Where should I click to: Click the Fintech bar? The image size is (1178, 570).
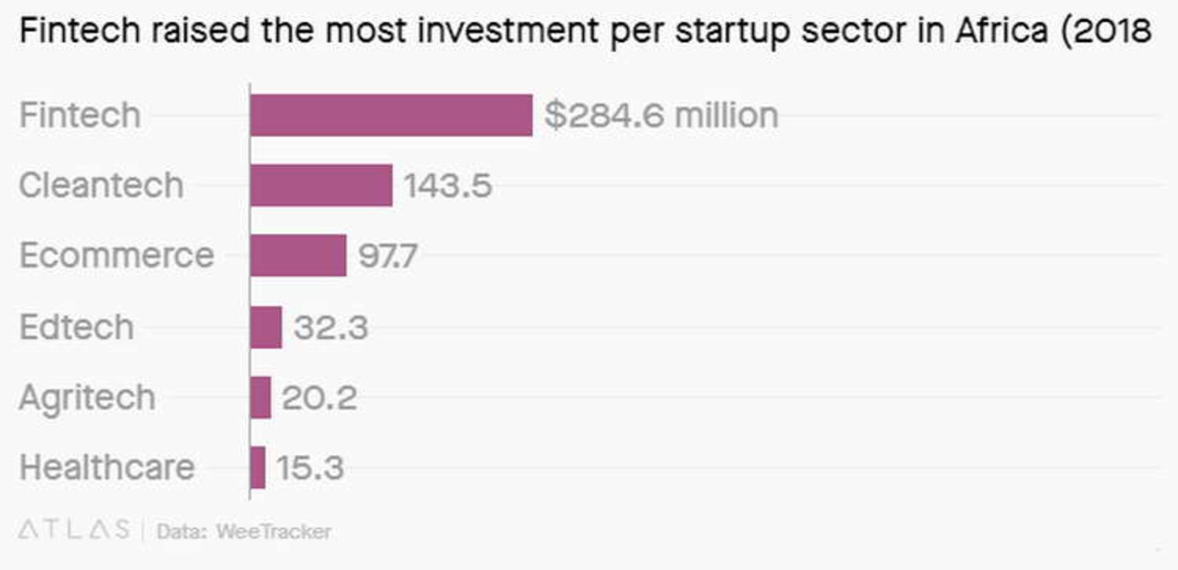tap(391, 115)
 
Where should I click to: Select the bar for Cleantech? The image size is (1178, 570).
tap(321, 185)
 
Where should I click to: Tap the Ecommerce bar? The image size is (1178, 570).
tap(298, 255)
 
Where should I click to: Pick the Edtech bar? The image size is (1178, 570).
tap(266, 327)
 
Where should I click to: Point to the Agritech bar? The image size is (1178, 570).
tap(261, 398)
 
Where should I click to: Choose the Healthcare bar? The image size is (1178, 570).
tap(258, 468)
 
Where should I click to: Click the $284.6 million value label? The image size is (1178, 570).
tap(661, 115)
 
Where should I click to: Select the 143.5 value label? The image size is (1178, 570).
tap(448, 185)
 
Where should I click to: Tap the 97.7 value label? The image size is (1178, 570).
tap(388, 256)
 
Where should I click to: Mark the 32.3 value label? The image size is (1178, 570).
tap(331, 327)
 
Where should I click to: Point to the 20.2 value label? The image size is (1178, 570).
tap(319, 398)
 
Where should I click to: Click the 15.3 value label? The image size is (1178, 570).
tap(310, 468)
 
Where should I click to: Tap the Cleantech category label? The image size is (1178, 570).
tap(101, 185)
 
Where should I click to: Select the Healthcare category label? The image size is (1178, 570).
tap(107, 468)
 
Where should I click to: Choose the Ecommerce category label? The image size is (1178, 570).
tap(117, 255)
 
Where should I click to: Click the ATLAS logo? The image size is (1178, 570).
tap(74, 530)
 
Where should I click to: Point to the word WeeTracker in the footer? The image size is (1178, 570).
tap(274, 531)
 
